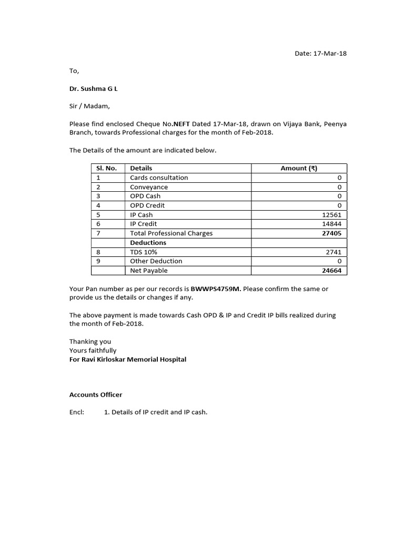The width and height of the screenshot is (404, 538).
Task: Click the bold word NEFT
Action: [180, 124]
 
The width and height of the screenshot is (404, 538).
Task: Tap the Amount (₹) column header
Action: [299, 168]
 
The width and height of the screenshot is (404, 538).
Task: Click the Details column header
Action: [141, 168]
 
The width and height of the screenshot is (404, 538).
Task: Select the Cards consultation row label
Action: [159, 178]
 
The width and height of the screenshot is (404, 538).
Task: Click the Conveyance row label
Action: [149, 187]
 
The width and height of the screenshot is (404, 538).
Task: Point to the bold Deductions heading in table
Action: [148, 243]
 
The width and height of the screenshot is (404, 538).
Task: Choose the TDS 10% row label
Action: [144, 252]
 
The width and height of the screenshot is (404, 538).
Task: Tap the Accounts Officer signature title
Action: [96, 395]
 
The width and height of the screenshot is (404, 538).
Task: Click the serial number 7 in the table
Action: [98, 233]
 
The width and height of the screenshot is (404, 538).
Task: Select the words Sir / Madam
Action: [89, 106]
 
